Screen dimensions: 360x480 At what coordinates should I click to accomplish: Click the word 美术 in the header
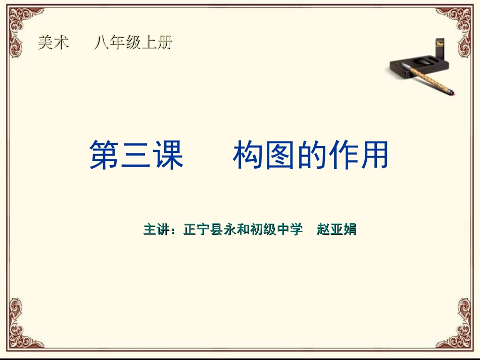[53, 43]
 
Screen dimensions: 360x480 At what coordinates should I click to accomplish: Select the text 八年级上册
[133, 43]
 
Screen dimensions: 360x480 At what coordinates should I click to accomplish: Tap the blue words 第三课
[136, 155]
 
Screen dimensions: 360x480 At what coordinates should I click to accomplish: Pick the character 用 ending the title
[373, 155]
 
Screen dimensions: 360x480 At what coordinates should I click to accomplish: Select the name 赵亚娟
[337, 229]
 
